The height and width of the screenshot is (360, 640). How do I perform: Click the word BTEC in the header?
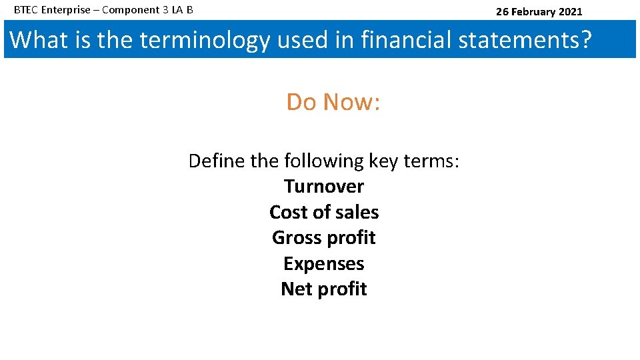pos(26,11)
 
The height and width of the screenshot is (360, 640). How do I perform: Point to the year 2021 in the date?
pos(569,11)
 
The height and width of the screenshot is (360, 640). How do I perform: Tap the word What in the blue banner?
pos(39,40)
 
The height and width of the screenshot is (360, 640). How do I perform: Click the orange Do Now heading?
pos(333,102)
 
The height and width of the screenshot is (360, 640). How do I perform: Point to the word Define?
pos(217,161)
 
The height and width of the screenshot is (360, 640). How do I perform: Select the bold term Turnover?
pos(324,187)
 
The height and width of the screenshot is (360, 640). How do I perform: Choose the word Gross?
pos(296,238)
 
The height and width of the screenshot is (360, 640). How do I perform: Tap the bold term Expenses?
pos(324,264)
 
